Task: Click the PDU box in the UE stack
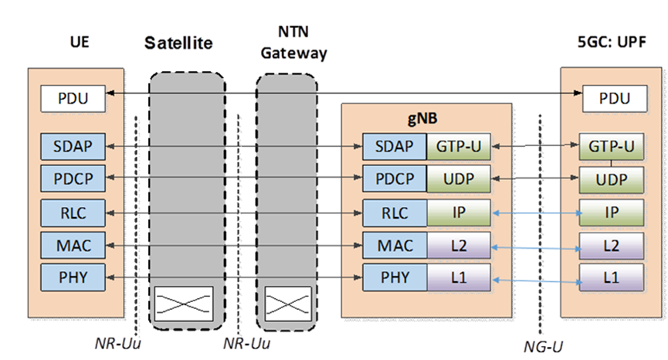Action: [x=72, y=99]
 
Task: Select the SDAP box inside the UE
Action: [x=72, y=145]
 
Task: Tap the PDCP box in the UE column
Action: [x=72, y=178]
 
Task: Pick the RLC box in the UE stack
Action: [x=72, y=212]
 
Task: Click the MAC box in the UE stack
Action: [x=72, y=246]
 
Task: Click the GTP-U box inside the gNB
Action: [x=459, y=145]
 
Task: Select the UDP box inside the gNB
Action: [x=459, y=178]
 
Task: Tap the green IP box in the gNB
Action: [x=459, y=212]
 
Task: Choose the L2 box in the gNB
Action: [x=459, y=246]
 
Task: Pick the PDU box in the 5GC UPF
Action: [x=612, y=99]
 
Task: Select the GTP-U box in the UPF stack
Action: [x=612, y=145]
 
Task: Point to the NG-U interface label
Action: [x=539, y=346]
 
